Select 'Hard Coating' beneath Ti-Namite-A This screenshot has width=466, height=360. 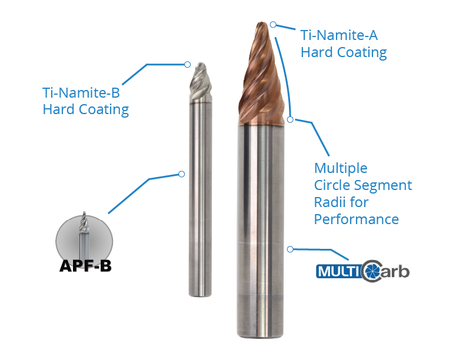344,52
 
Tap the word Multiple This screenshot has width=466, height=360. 341,168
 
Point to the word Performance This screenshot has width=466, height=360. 357,219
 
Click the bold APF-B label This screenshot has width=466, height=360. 85,266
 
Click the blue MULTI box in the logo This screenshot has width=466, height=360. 338,272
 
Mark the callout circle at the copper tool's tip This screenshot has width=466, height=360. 274,24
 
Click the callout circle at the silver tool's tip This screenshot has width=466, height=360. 187,64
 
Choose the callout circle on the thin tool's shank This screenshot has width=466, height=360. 181,174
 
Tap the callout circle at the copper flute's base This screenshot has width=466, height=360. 290,119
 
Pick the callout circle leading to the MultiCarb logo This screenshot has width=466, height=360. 289,249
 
